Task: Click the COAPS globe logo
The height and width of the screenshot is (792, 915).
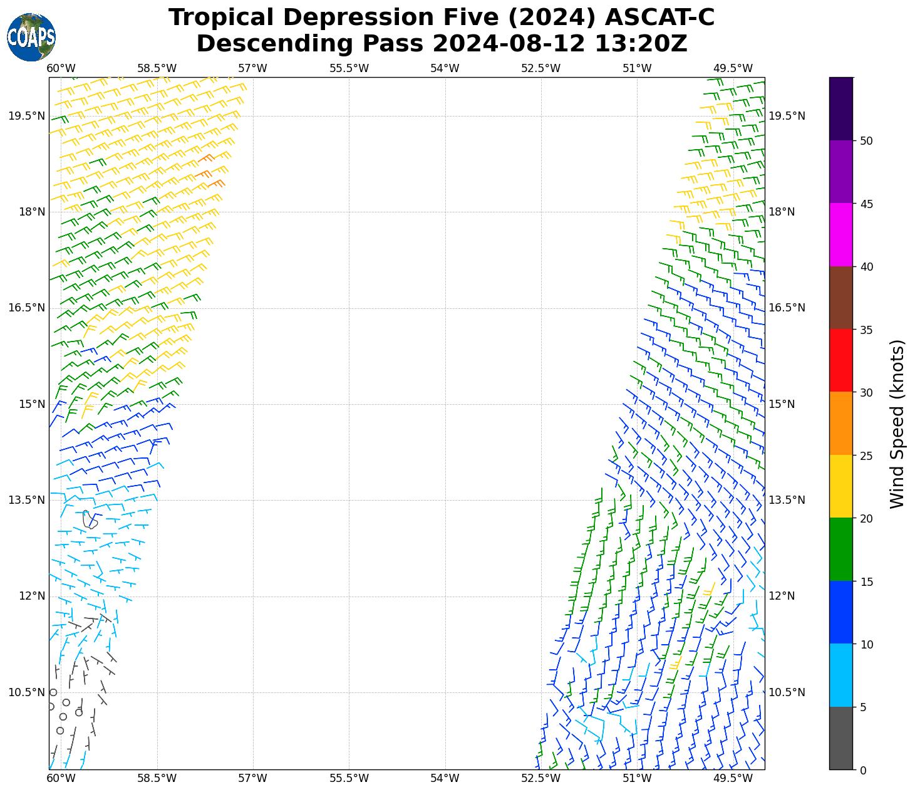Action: [x=31, y=37]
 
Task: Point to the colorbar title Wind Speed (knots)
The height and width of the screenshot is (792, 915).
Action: [x=897, y=424]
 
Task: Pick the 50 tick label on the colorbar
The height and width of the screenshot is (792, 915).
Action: [x=866, y=141]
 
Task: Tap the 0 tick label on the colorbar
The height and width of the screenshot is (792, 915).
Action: [x=863, y=770]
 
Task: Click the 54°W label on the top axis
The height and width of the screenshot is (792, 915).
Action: [x=445, y=68]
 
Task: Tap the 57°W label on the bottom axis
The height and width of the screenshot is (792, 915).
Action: [x=253, y=778]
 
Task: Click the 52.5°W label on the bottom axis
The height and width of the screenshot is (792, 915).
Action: [x=540, y=778]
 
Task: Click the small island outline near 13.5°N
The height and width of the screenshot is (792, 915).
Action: [x=90, y=519]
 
